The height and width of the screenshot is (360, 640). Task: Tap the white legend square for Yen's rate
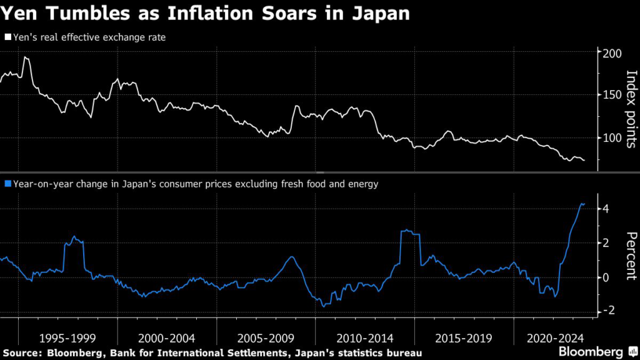point(7,37)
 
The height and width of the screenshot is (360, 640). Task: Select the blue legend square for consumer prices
point(7,184)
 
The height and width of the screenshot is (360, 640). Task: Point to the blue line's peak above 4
point(582,203)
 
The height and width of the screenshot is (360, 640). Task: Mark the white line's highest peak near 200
point(25,57)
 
